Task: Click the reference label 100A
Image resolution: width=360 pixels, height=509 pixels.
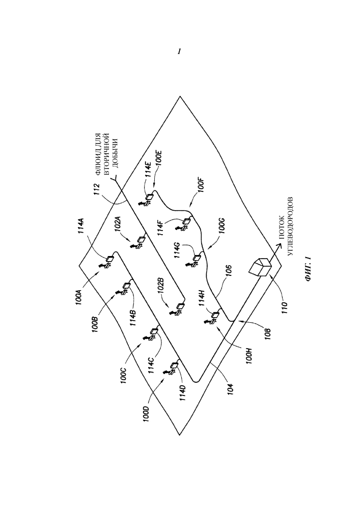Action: tap(79, 293)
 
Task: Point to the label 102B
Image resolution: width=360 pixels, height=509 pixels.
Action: tap(161, 285)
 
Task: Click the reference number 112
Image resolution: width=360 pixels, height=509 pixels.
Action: tap(97, 190)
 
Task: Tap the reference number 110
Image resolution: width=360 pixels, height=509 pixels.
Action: tap(284, 306)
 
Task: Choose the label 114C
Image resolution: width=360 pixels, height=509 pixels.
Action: tap(152, 365)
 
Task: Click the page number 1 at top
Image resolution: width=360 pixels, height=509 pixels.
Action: tap(179, 51)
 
